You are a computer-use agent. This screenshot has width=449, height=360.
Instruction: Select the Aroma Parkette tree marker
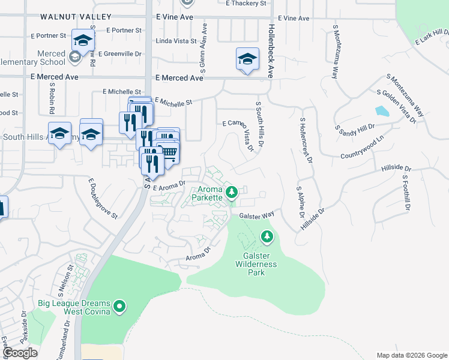(234, 193)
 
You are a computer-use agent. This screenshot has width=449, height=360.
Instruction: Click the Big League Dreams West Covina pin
(119, 308)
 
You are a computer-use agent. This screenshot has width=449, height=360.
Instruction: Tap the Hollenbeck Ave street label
(271, 52)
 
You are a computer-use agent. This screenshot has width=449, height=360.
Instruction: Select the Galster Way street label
(256, 215)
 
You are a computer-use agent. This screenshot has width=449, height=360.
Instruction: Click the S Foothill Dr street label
(406, 193)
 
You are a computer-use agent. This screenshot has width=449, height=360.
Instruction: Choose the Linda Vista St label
(176, 41)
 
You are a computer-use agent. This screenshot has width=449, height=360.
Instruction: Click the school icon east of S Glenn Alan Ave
(247, 59)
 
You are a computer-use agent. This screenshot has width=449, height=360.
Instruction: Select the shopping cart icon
(170, 152)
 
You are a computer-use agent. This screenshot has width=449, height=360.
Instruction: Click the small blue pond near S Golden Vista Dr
(381, 112)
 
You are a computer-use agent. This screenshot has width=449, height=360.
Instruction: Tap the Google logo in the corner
(20, 353)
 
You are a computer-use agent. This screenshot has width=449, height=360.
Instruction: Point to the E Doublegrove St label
(103, 197)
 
